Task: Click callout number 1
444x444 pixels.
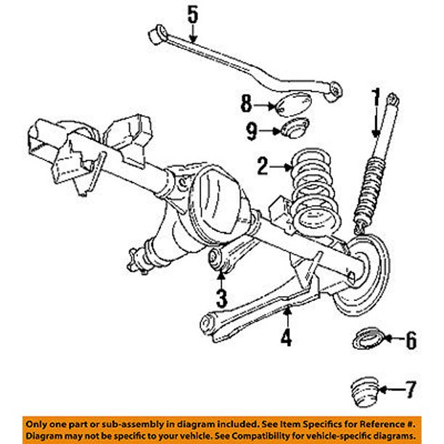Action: point(376,96)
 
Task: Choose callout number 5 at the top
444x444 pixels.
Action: point(192,14)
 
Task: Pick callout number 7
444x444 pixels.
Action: point(411,391)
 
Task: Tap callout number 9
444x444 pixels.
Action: point(250,132)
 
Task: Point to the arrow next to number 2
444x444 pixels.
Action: point(281,168)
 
